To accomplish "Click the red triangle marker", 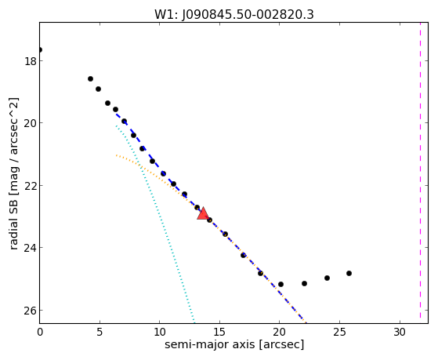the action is point(203,213).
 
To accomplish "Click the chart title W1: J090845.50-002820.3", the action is point(234,15).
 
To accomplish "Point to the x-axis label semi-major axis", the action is point(209,344).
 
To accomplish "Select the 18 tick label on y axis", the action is point(31,61).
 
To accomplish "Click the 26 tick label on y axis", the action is point(31,311).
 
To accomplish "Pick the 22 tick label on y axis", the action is point(31,186).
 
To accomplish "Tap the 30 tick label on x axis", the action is point(400,333).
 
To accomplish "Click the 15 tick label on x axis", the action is point(219,333).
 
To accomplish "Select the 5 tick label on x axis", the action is point(100,333).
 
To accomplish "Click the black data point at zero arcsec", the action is point(40,49).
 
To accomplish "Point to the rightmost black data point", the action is point(349,273).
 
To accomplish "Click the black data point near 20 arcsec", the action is point(281,284).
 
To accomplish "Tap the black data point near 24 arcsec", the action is point(327,278).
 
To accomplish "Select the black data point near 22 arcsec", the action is point(305,284).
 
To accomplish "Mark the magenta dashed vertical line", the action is point(420,170).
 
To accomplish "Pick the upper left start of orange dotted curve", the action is point(117,155).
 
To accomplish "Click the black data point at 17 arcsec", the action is point(244,255).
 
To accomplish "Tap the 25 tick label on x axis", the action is point(340,333).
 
